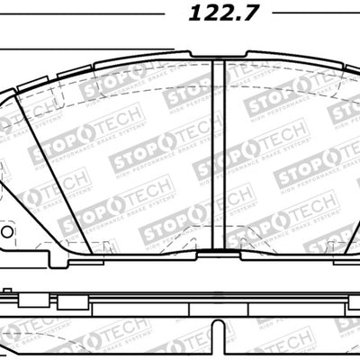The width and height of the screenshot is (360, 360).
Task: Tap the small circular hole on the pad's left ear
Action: (7, 231)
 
